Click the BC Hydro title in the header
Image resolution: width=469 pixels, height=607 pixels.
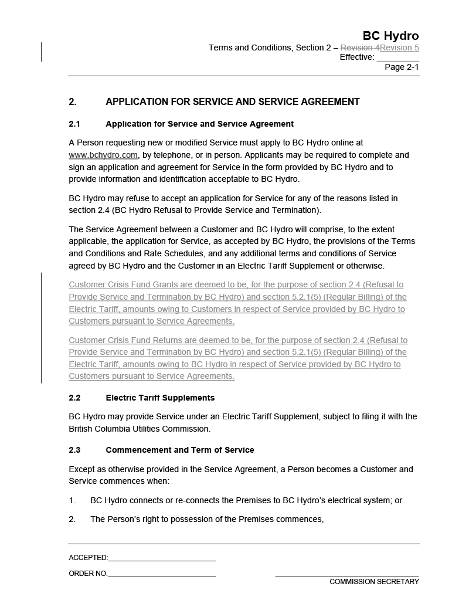click(390, 36)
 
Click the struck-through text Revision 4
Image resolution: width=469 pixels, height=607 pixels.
click(360, 48)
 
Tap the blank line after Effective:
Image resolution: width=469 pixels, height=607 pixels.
click(397, 58)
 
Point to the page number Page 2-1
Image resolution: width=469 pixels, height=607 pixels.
click(402, 67)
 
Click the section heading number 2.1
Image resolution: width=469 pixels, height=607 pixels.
click(74, 124)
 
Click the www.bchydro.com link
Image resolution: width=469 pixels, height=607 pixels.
click(103, 155)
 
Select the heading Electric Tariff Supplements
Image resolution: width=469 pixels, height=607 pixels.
click(160, 398)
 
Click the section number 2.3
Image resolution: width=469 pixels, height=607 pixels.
click(74, 450)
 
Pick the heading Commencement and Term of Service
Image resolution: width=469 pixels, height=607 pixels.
click(180, 450)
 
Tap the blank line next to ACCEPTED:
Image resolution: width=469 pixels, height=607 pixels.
click(162, 558)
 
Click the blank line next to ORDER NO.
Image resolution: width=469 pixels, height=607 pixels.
click(162, 574)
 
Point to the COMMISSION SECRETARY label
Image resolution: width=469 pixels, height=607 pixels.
click(374, 582)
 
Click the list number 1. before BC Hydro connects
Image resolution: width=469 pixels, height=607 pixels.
click(72, 501)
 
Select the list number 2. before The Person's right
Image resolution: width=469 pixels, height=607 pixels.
click(72, 520)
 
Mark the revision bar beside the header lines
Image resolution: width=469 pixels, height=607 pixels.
click(42, 52)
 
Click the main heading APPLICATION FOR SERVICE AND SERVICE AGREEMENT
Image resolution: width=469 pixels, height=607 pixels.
click(232, 102)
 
